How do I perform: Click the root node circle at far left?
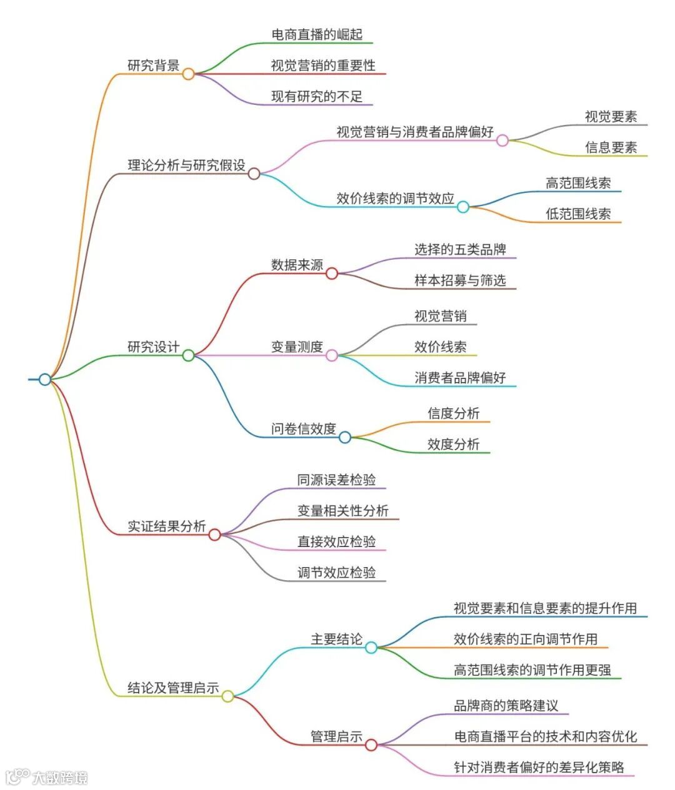pos(45,379)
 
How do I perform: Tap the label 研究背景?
pos(153,66)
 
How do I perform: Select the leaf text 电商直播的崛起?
pos(317,34)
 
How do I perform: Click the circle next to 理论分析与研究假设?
pos(254,174)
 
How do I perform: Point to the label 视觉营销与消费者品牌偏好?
pos(414,132)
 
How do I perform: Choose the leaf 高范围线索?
pos(577,183)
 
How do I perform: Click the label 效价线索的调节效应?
pos(395,199)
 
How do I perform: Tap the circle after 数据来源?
pos(332,273)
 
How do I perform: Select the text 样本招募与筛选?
pos(460,280)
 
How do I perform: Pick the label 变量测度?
pos(297,347)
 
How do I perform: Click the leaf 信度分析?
pos(453,413)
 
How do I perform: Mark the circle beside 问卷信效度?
pos(345,437)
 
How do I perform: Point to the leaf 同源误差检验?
pos(336,480)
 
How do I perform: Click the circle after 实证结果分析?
pos(214,535)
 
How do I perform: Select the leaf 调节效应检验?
pos(336,573)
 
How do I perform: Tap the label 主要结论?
pos(336,639)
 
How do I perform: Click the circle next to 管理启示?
pos(371,744)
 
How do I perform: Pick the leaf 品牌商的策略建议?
pos(506,706)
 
